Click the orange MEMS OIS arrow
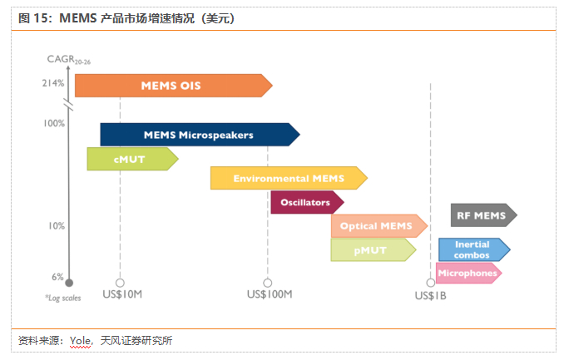tap(173, 86)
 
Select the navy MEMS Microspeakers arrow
tap(200, 135)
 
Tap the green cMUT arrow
tap(133, 159)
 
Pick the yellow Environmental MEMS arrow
tap(289, 178)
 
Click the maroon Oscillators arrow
tap(307, 202)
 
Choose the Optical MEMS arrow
tap(379, 226)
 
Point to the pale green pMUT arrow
tap(374, 250)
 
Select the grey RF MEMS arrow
tap(484, 215)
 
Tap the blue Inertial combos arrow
tap(474, 249)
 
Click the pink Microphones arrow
tap(468, 273)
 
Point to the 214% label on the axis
tap(53, 83)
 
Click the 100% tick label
tap(54, 123)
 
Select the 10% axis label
tap(57, 226)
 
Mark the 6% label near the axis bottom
tap(57, 277)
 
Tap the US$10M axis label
tap(122, 294)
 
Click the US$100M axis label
tap(270, 294)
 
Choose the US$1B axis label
tap(431, 296)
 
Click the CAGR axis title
tap(69, 60)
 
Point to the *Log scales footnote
tap(63, 298)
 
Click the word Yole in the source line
tap(80, 340)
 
